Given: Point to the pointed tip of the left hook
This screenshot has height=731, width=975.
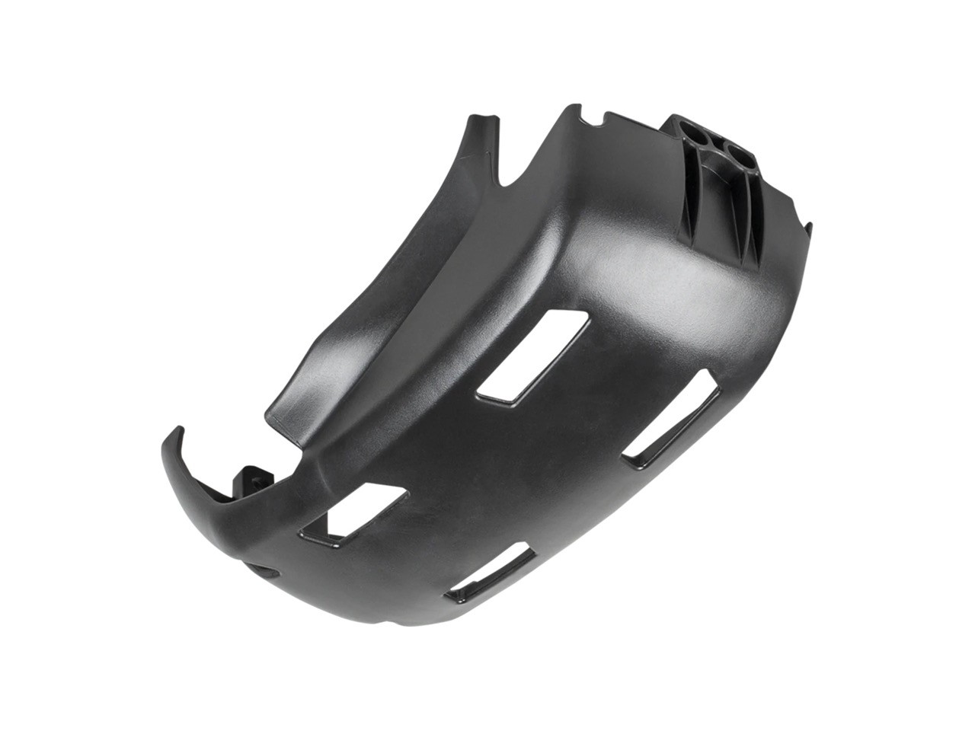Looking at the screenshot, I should click(x=179, y=430).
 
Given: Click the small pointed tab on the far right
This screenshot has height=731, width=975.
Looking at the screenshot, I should click(x=810, y=227).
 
